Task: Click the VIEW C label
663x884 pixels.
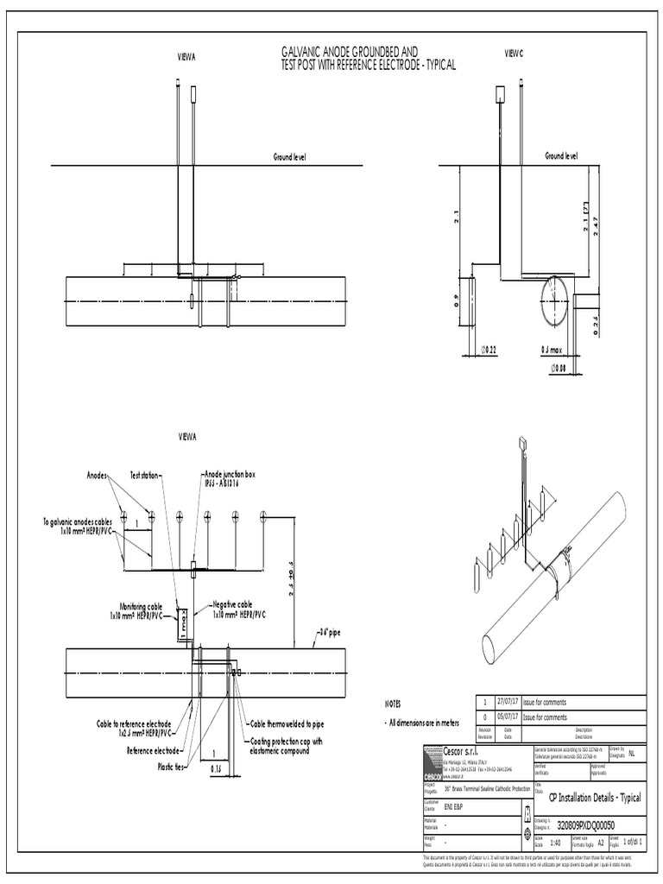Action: [514, 54]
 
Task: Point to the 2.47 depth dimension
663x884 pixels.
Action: [597, 222]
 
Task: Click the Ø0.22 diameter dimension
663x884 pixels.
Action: [489, 350]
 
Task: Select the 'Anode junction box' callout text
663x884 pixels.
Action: [230, 475]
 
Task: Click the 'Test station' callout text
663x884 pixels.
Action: [146, 475]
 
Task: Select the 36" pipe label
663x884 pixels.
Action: [329, 632]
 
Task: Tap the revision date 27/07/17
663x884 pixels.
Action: [517, 703]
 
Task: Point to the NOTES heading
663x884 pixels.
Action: [393, 704]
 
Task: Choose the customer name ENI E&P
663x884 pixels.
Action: [453, 804]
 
